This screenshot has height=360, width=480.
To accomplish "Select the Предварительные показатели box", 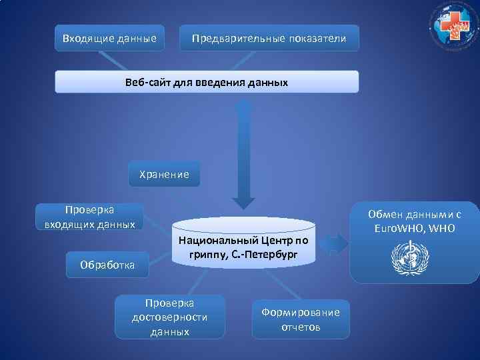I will (x=269, y=38).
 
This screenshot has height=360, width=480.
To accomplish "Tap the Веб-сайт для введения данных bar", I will (x=206, y=83).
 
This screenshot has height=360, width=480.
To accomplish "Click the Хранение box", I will (x=163, y=174).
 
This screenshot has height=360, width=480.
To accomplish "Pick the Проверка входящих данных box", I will (x=89, y=217).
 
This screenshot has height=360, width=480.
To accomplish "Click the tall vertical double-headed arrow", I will (x=245, y=153).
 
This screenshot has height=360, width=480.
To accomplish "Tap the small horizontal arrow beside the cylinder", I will (x=337, y=243).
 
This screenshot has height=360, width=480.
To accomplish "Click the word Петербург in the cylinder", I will (x=271, y=255).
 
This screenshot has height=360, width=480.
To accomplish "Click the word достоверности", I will (x=169, y=317).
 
